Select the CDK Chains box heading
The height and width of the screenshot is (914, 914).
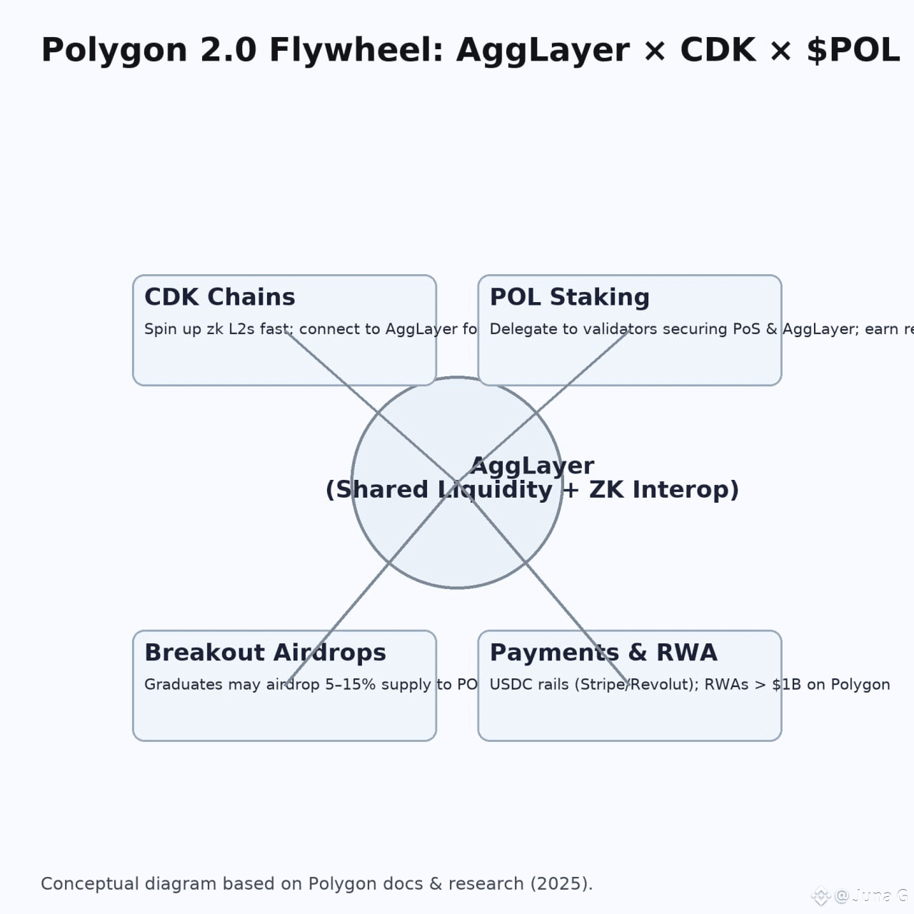tap(220, 297)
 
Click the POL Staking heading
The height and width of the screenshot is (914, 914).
tap(569, 297)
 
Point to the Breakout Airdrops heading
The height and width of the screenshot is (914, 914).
tap(265, 653)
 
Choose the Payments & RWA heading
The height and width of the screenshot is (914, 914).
tap(603, 653)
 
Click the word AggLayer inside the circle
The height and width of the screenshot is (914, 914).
tap(532, 466)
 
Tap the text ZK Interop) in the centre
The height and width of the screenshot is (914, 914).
tap(663, 490)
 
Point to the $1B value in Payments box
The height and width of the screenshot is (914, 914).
tap(786, 685)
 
